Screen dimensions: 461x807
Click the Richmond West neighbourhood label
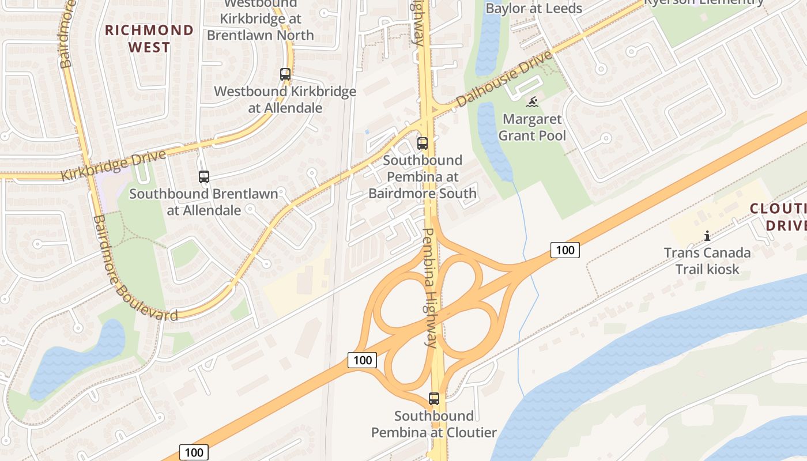[x=149, y=38]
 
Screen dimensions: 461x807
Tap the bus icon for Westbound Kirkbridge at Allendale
[x=285, y=74]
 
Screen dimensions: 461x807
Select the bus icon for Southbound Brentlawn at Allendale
[x=204, y=177]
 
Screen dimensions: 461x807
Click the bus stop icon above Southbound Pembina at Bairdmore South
[x=423, y=143]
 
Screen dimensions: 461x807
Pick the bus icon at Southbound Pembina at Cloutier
[x=434, y=398]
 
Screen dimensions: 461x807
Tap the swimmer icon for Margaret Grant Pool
[x=533, y=103]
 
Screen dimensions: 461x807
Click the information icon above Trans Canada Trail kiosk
[x=707, y=236]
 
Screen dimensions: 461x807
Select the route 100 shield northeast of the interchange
[x=565, y=250]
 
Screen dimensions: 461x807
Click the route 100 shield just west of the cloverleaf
[x=362, y=360]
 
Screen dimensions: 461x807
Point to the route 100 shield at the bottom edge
[x=194, y=452]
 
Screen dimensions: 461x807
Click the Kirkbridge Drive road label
[x=114, y=165]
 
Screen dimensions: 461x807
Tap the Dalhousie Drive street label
[x=504, y=78]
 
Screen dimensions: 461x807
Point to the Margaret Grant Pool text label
[x=532, y=127]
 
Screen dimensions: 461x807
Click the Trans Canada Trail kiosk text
[x=707, y=260]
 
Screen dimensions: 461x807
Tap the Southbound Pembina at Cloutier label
[x=434, y=424]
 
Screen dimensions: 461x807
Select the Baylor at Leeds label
[x=534, y=8]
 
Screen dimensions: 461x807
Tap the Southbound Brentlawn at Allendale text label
[x=204, y=202]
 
